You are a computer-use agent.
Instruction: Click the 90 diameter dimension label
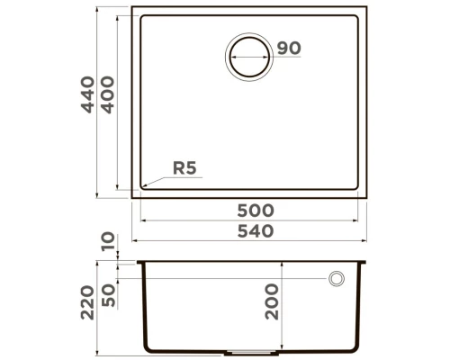[x=288, y=48]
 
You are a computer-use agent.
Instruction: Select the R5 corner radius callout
[x=184, y=167]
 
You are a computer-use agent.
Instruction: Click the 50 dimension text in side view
[x=109, y=293]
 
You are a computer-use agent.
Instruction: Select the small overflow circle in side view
[x=337, y=279]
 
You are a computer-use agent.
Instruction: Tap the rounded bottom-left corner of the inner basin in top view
[x=139, y=190]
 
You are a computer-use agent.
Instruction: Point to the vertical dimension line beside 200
[x=283, y=306]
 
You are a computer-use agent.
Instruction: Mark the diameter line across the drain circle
[x=249, y=58]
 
